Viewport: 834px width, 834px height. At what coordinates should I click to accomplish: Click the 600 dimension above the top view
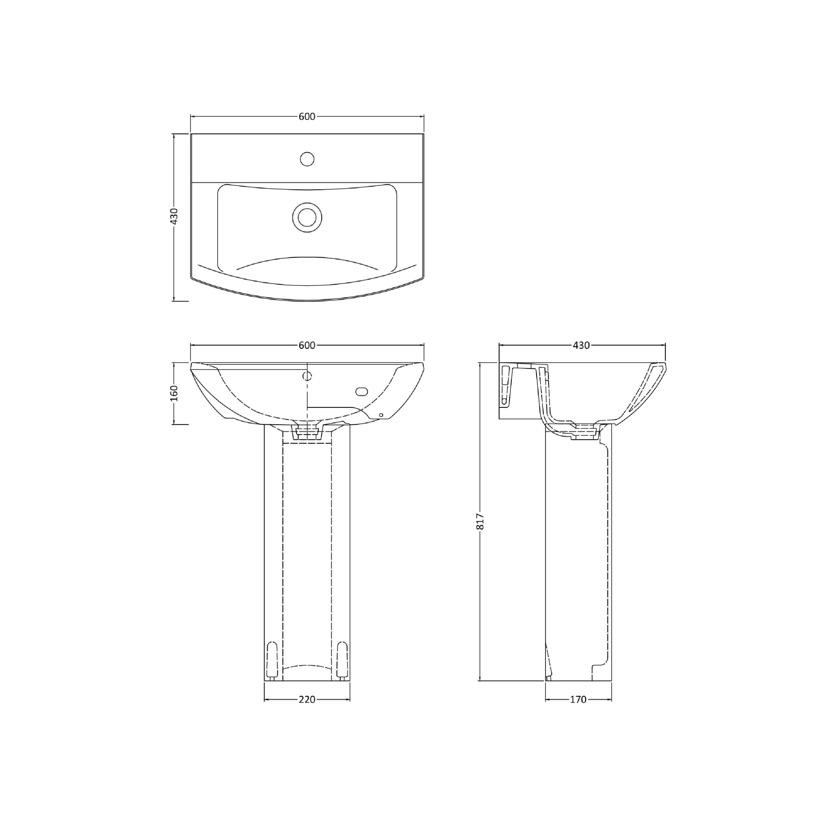click(307, 117)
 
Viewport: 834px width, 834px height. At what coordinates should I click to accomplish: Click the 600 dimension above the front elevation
click(307, 345)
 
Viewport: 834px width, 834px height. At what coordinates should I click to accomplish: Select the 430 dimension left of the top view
click(174, 216)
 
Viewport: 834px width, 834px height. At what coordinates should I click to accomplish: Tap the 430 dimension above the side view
click(582, 345)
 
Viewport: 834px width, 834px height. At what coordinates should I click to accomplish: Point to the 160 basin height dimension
click(174, 393)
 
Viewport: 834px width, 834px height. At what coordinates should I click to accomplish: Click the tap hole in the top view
click(307, 159)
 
